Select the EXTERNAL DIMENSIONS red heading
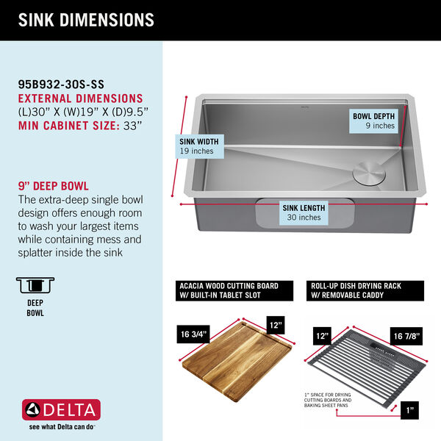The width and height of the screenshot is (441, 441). [x=79, y=98]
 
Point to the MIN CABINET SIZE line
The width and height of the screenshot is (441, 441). [x=79, y=125]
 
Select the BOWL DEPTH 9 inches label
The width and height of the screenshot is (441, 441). [x=373, y=121]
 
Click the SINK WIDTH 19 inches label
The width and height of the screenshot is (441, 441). [x=196, y=146]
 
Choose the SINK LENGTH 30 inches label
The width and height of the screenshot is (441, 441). [x=304, y=213]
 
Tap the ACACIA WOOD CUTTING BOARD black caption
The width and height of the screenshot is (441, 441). [x=229, y=290]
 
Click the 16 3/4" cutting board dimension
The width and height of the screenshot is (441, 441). [x=194, y=335]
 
